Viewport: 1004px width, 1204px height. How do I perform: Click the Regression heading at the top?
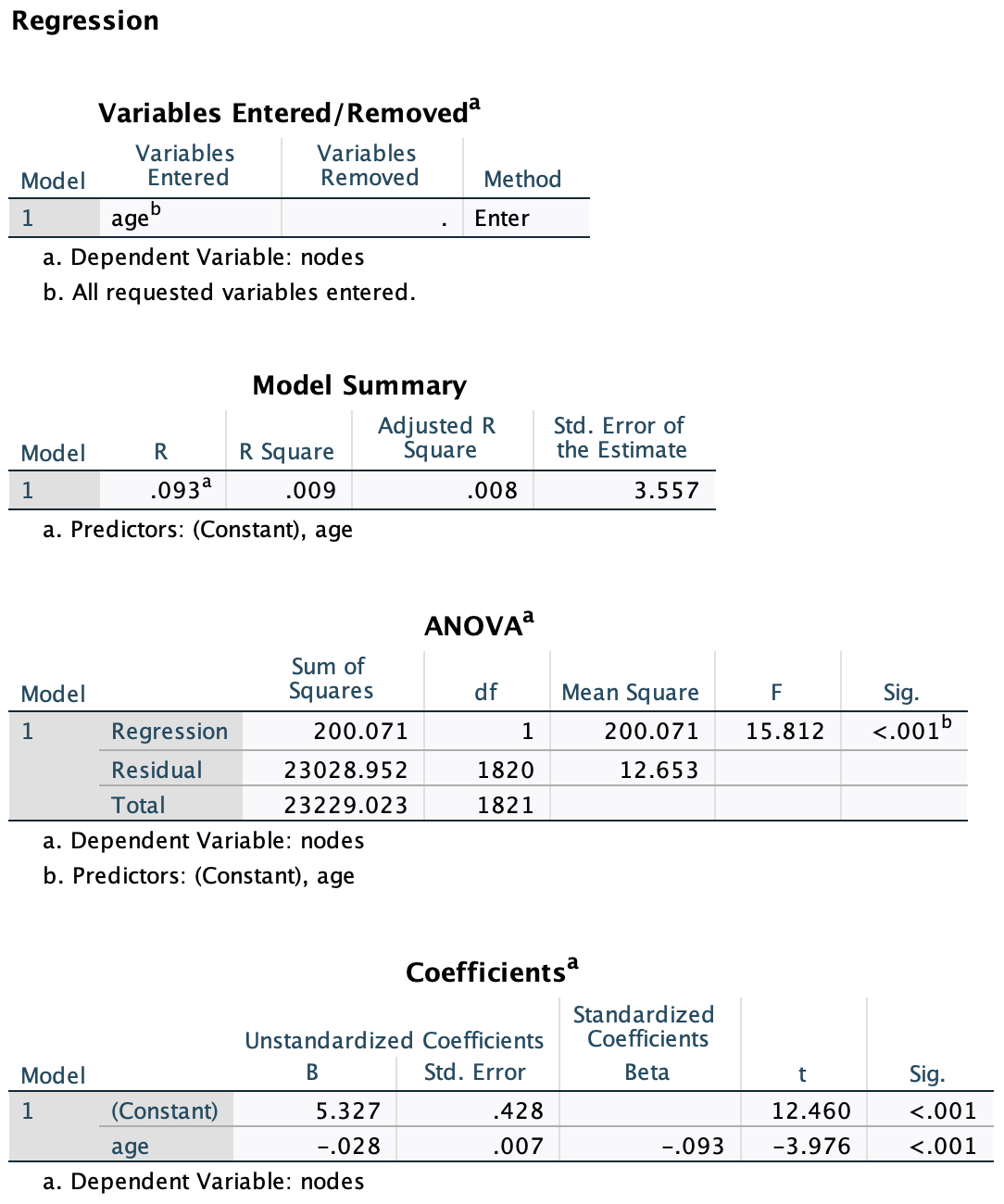click(85, 21)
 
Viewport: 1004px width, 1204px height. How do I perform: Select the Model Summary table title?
click(359, 385)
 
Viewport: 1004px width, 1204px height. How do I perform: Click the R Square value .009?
click(310, 491)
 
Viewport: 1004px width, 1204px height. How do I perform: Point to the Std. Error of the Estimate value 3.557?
click(666, 491)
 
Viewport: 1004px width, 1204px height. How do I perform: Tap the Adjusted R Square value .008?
click(492, 491)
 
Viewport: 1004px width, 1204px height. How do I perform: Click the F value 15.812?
click(784, 732)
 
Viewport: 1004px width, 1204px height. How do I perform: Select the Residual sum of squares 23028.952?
click(345, 770)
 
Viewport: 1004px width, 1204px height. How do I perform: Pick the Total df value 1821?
click(506, 805)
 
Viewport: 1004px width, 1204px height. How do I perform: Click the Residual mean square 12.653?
click(659, 770)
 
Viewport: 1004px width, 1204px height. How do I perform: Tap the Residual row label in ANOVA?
click(157, 770)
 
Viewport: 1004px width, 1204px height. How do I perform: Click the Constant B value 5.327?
click(347, 1110)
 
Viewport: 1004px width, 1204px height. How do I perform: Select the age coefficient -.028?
click(348, 1147)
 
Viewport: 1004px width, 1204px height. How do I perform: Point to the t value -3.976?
click(811, 1147)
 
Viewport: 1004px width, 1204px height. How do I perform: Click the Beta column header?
click(646, 1072)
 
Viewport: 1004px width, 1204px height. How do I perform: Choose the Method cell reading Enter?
click(502, 219)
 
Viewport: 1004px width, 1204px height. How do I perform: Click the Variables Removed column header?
click(369, 166)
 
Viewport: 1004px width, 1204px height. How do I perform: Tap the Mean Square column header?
click(630, 693)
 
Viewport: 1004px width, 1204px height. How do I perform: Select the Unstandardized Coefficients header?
click(394, 1041)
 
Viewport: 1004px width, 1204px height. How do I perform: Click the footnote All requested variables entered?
click(244, 293)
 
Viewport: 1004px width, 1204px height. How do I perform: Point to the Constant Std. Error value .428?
click(518, 1110)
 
